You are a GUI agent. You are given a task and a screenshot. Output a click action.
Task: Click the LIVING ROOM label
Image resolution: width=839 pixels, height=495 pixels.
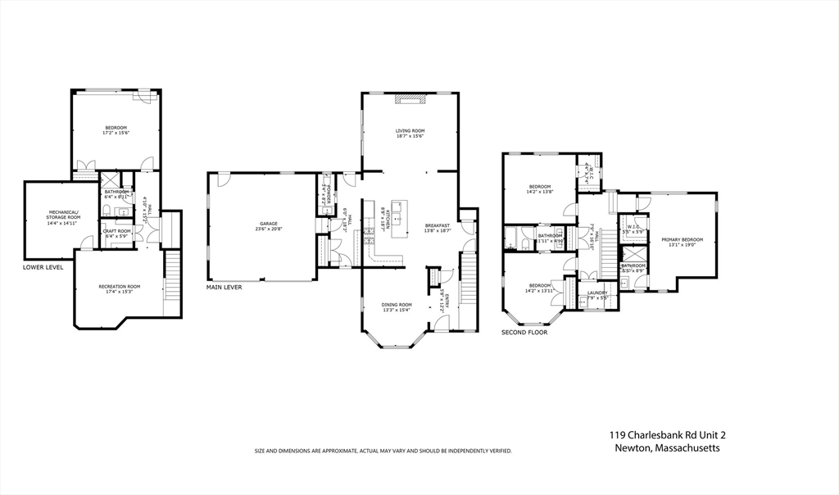pos(410,130)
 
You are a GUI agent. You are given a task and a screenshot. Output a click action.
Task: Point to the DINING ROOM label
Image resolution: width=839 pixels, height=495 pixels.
pos(397,305)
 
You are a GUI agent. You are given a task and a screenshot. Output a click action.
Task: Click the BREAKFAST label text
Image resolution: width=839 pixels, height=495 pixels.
pos(438,226)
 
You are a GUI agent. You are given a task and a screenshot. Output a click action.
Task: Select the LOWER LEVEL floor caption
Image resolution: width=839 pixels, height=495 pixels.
pos(43,267)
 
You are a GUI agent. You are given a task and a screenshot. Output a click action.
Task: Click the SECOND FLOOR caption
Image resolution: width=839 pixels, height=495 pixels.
pos(524,333)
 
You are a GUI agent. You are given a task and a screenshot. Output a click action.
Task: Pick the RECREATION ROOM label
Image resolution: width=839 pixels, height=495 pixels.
pos(120,286)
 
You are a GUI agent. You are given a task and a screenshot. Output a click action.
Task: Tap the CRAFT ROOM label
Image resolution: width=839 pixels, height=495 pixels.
pos(116,232)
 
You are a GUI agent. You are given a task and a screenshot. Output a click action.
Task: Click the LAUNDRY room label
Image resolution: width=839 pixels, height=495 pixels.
pos(597,293)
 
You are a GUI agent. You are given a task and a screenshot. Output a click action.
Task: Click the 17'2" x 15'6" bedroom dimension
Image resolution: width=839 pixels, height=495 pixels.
pos(117,133)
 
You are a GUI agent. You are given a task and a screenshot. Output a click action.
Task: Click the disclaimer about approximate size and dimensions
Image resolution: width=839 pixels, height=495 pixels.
pos(383,451)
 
